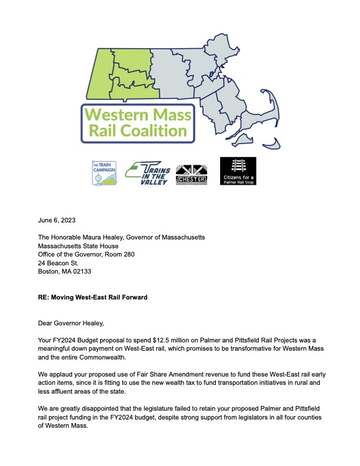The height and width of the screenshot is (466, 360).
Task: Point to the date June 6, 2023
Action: point(57,221)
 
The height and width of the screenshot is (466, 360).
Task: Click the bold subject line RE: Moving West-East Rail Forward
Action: point(92,298)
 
